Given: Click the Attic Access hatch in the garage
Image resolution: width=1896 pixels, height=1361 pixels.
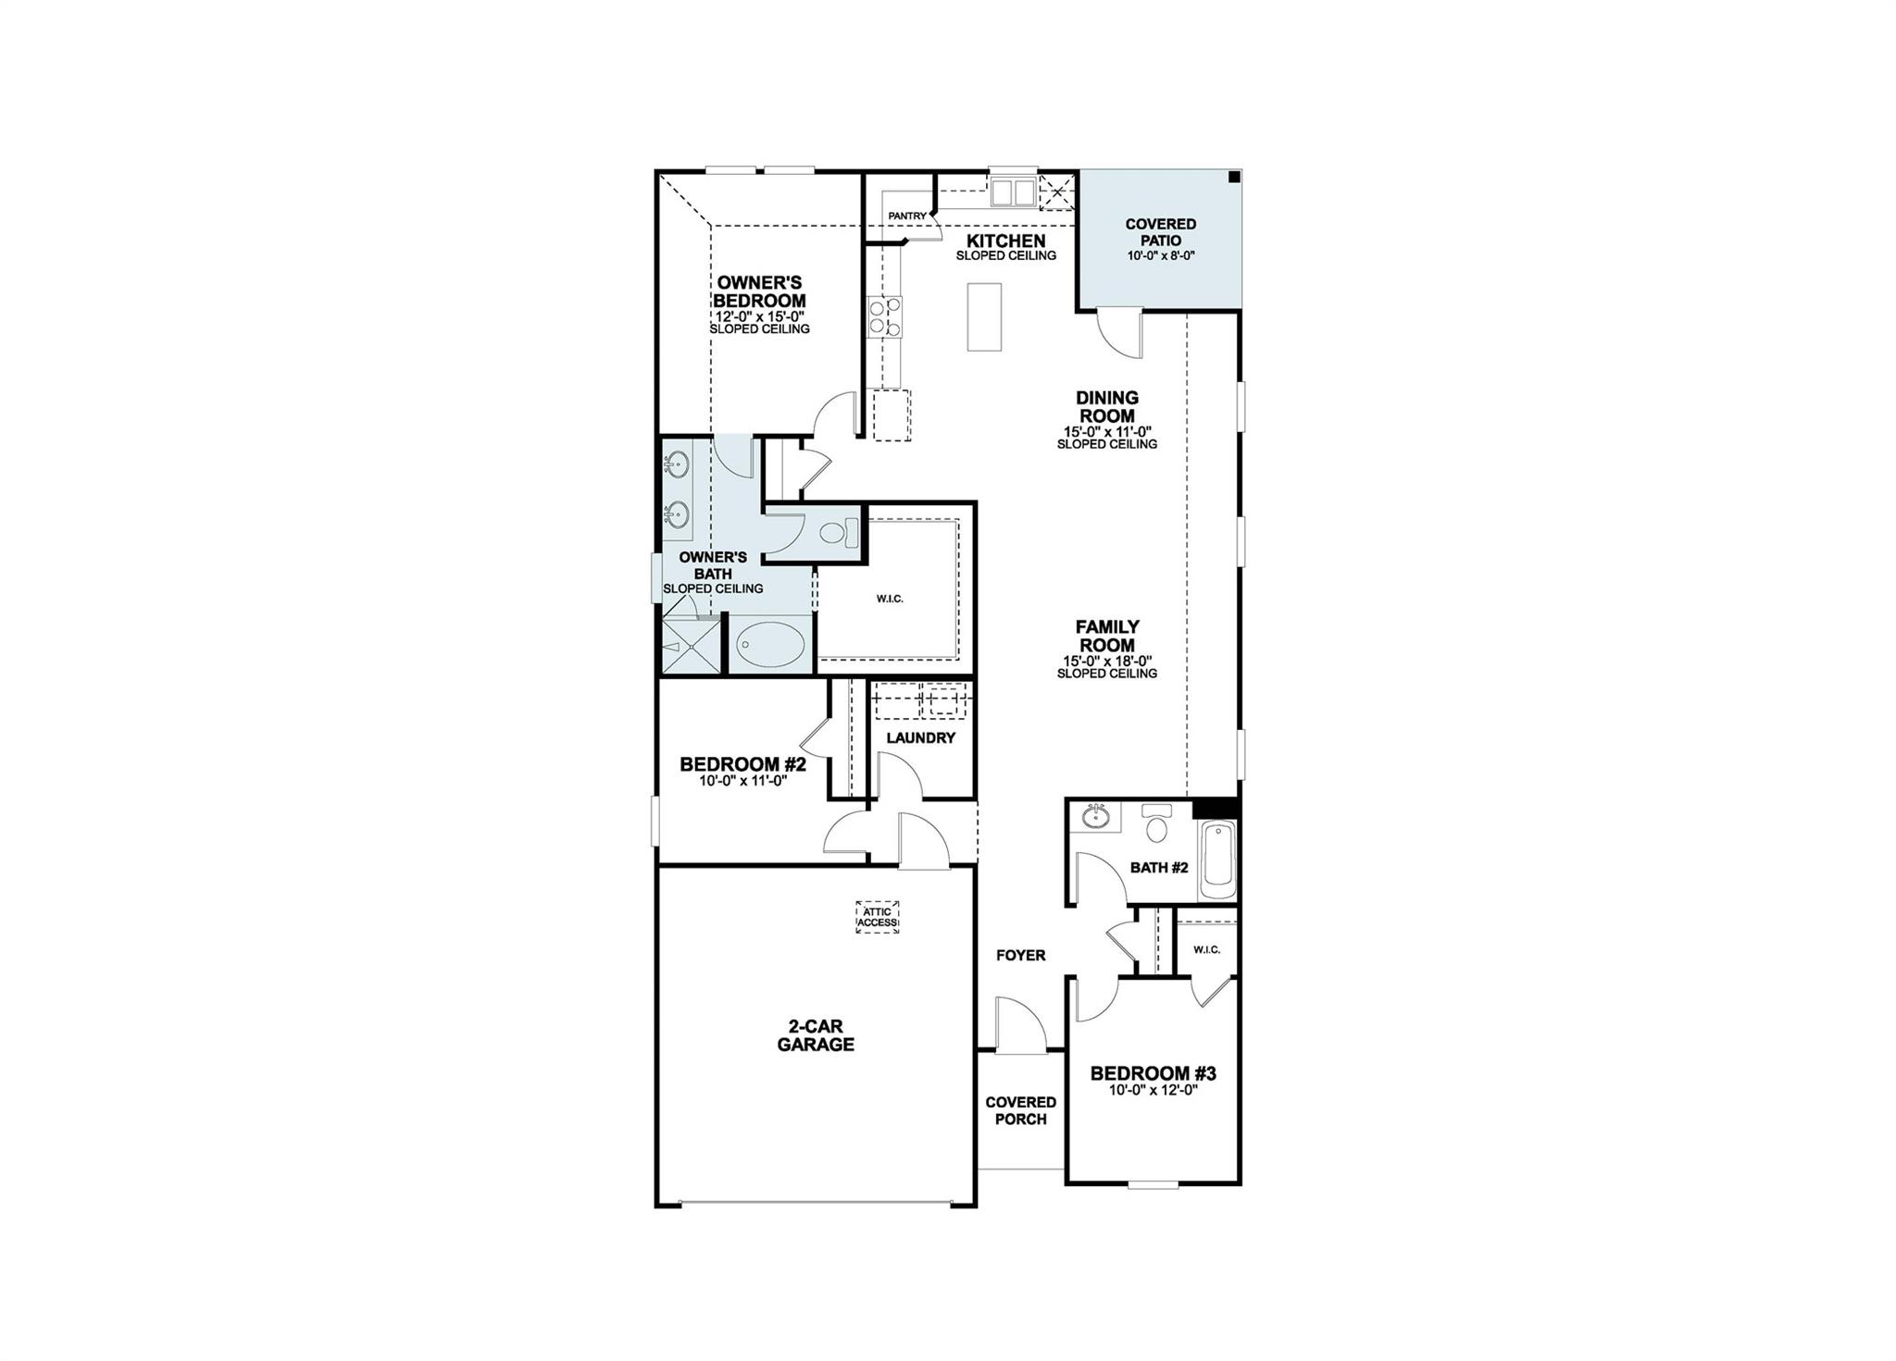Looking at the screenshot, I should pyautogui.click(x=877, y=917).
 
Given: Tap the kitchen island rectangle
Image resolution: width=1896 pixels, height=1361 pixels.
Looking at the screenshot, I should pyautogui.click(x=984, y=316).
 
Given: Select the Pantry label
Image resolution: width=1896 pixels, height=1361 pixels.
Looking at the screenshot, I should pyautogui.click(x=906, y=217).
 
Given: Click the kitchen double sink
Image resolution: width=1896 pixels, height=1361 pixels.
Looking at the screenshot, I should pyautogui.click(x=1012, y=192).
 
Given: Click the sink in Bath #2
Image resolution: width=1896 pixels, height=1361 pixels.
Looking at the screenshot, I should pyautogui.click(x=1096, y=815).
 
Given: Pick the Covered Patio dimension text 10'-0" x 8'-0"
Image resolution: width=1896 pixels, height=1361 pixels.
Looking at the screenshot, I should pyautogui.click(x=1161, y=256).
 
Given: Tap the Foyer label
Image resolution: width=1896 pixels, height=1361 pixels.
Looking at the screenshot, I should pyautogui.click(x=1020, y=955).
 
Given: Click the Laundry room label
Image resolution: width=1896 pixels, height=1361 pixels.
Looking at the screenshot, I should pyautogui.click(x=920, y=737).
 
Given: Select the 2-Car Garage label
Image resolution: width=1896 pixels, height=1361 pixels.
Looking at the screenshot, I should pyautogui.click(x=815, y=1035).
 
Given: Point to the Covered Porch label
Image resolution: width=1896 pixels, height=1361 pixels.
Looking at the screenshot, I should pyautogui.click(x=1020, y=1110).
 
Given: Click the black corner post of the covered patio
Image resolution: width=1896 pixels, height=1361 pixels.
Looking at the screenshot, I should pyautogui.click(x=1233, y=178).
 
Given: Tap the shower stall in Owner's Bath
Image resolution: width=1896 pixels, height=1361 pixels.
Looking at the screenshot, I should pyautogui.click(x=691, y=645).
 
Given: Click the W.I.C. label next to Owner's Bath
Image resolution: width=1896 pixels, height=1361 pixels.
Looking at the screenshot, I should pyautogui.click(x=889, y=599).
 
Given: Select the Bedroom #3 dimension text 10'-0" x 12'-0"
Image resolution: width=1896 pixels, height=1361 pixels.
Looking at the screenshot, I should pyautogui.click(x=1153, y=1090).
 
